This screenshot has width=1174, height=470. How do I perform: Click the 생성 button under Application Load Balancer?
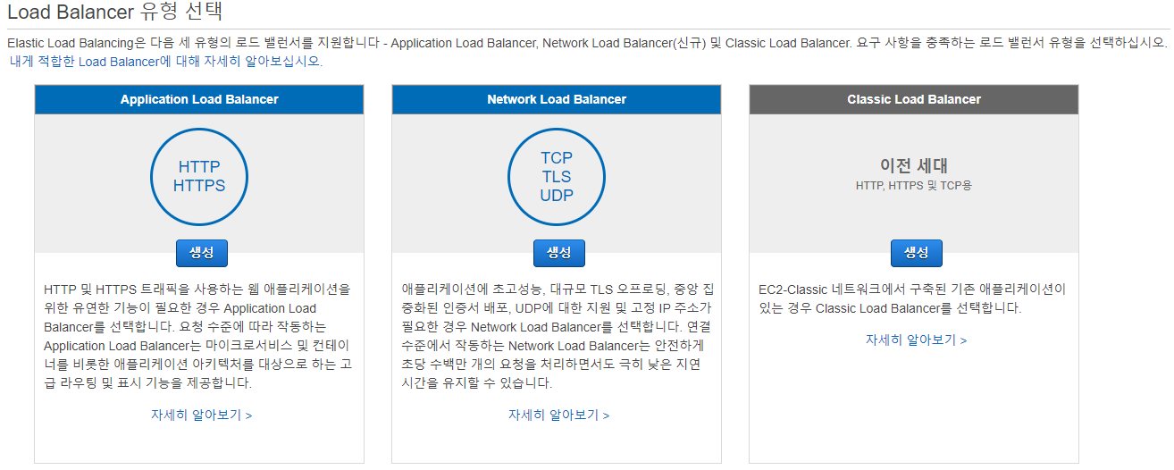tap(202, 253)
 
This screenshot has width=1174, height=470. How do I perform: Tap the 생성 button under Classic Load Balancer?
tap(917, 253)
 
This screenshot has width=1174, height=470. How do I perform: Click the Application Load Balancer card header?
tap(199, 99)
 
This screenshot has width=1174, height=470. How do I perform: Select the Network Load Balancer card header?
tap(557, 99)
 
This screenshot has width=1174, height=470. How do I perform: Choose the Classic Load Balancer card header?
tap(914, 99)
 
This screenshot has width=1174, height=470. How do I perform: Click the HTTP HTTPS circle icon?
tap(199, 176)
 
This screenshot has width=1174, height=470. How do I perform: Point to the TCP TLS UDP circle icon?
tap(557, 176)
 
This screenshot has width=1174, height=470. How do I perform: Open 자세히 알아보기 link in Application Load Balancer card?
tap(202, 415)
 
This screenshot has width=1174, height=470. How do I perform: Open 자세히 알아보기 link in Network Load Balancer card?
tap(559, 415)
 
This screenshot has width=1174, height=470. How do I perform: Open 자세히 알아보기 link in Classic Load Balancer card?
tap(917, 340)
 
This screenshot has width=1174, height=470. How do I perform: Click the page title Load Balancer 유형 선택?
tap(115, 13)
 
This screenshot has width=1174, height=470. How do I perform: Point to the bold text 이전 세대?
tap(914, 165)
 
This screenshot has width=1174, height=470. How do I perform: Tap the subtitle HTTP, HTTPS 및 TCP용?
tap(914, 185)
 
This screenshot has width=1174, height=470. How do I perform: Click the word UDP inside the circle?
tap(557, 195)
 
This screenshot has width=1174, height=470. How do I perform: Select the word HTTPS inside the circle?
tap(199, 186)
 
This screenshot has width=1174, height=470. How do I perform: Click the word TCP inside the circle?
tap(557, 158)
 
